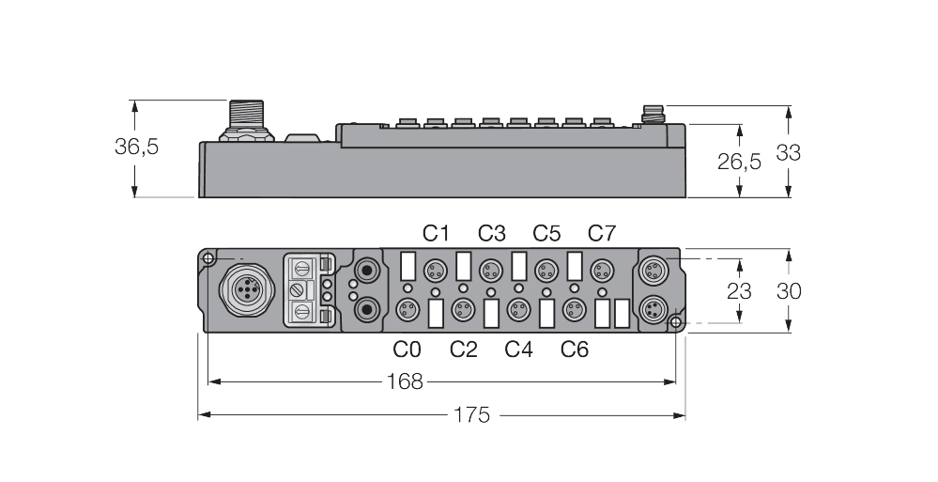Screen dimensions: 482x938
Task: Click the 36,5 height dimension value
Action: (136, 148)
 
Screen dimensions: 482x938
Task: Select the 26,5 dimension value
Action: (739, 162)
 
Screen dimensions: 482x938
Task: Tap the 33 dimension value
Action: (788, 152)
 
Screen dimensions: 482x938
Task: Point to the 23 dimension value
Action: (739, 291)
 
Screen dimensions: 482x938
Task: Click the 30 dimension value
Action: (788, 291)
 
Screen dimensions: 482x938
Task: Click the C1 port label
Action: (436, 233)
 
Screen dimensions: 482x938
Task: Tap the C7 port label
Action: (602, 233)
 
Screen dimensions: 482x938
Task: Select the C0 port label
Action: (407, 350)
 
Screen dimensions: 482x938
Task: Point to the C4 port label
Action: (518, 350)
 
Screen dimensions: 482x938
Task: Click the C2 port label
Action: (463, 350)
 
